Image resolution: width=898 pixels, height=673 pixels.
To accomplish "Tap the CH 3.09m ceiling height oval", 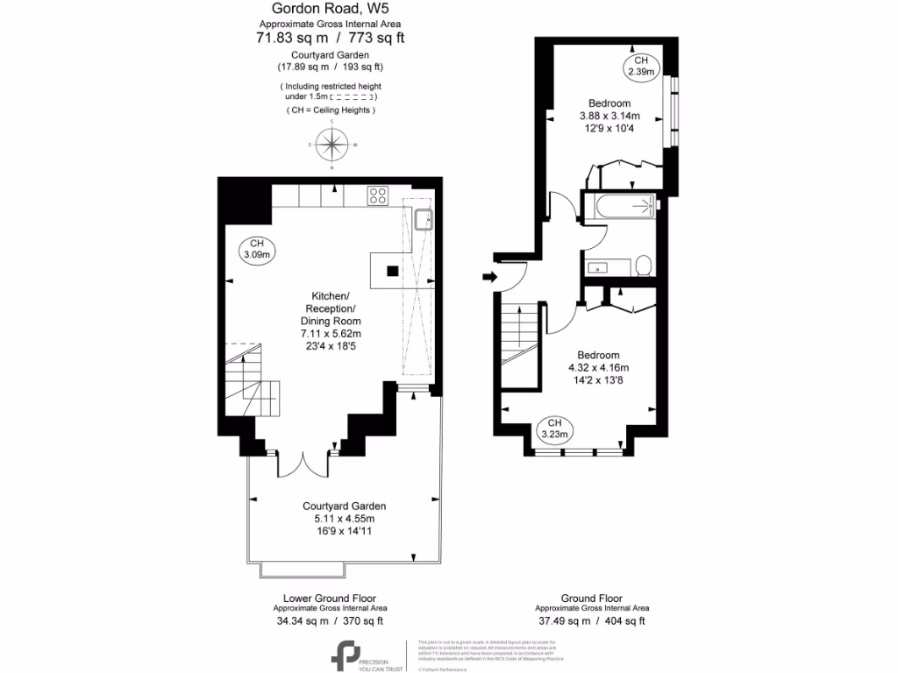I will point(256,249).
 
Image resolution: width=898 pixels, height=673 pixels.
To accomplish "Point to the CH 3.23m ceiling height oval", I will point(554,429).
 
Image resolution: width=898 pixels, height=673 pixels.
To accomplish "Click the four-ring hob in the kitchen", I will point(378,196).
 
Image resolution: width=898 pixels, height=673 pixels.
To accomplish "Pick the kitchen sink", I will point(424,218).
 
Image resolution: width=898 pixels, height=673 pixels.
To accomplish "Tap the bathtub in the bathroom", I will point(624,208).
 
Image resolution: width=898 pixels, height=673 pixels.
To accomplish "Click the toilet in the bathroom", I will point(643,266).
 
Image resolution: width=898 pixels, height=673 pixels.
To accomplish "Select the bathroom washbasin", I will point(601,267).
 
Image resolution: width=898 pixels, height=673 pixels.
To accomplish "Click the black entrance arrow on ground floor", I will point(488,278).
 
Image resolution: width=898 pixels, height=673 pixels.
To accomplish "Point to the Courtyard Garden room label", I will point(344,507).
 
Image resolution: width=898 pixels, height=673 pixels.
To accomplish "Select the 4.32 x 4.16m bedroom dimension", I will point(598,367).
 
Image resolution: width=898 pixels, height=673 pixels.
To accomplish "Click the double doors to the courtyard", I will point(303,464).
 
